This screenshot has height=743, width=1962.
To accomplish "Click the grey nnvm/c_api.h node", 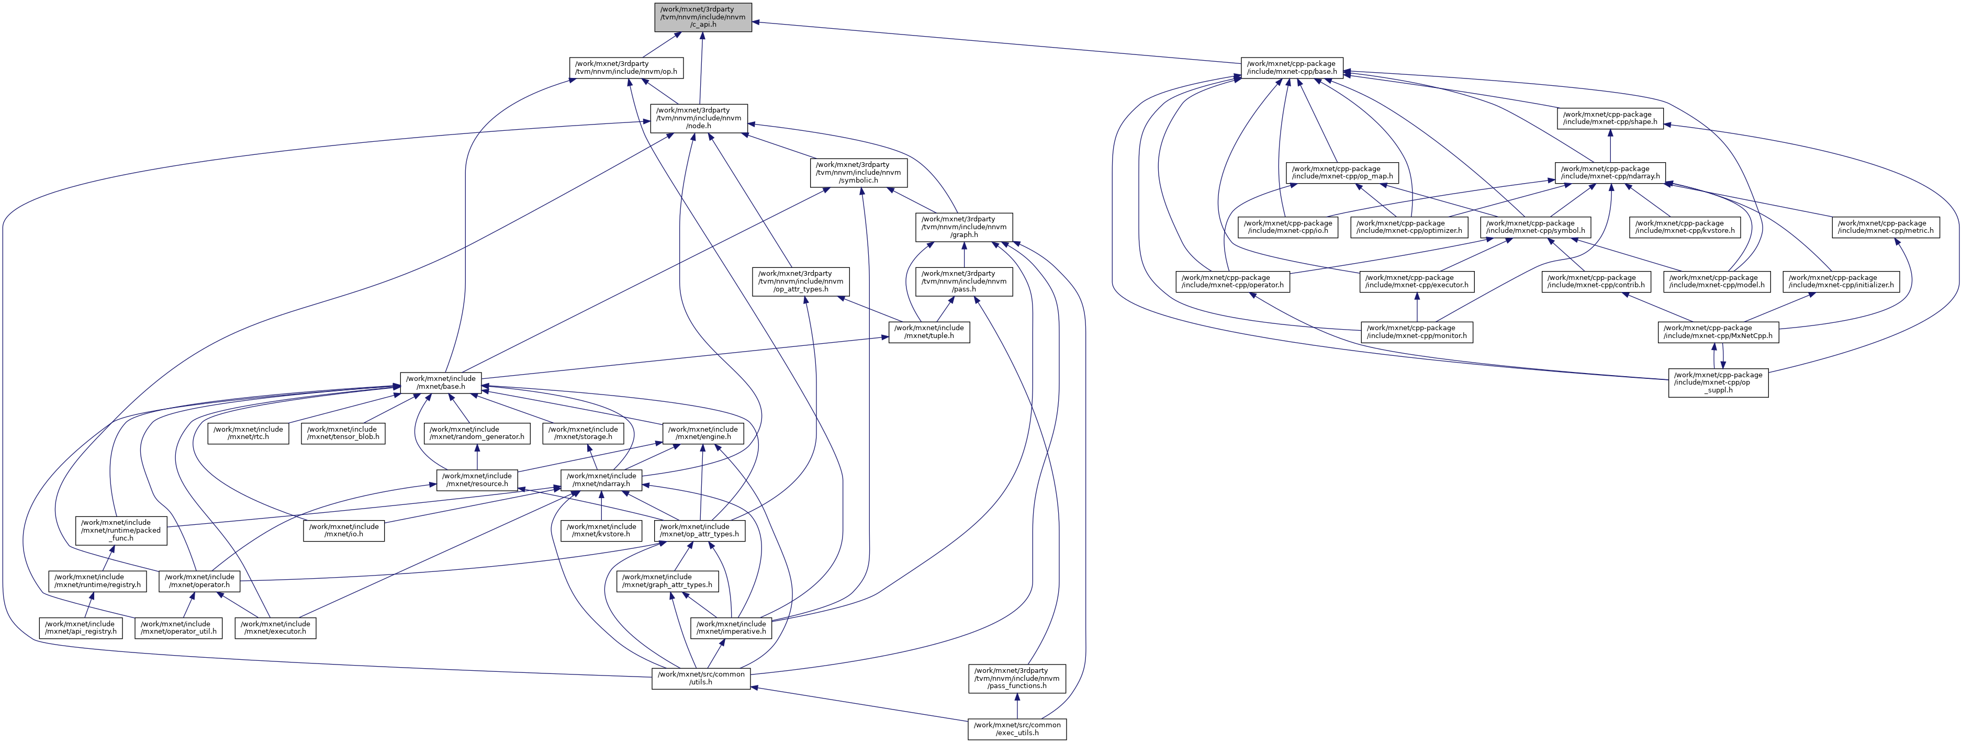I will point(702,17).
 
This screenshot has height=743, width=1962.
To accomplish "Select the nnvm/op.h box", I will point(624,67).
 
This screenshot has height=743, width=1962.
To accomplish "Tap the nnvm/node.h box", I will point(699,118).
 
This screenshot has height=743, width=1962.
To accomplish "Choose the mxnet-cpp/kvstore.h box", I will point(1685,227).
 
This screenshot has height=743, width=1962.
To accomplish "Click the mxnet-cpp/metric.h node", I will point(1885,227).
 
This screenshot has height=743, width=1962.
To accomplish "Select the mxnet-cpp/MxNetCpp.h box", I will point(1718,332).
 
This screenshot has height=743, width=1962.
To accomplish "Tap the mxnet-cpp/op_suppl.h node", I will point(1718,382).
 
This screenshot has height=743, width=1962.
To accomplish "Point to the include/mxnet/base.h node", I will point(441,382).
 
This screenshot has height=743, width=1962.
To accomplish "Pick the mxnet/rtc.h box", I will point(248,433).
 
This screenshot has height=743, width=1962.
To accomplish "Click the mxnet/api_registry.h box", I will point(80,627).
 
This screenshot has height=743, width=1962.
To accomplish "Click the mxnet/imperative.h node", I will point(731,627).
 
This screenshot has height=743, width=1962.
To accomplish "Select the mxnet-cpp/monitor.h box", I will point(1416,332).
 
